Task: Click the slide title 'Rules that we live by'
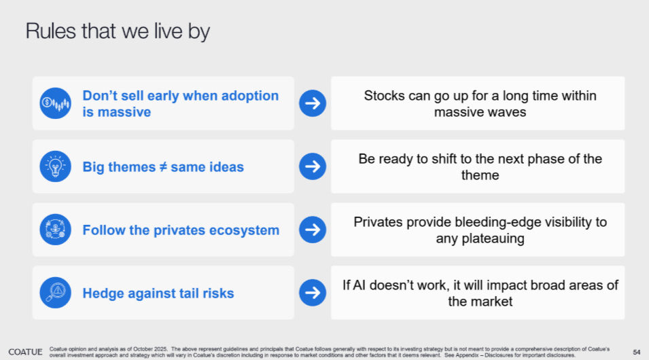[x=118, y=31]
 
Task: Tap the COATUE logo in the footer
[x=25, y=352]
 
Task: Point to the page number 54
[x=637, y=352]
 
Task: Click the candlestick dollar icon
[x=56, y=103]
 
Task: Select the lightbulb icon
[x=56, y=166]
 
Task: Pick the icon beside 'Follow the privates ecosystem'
[x=56, y=229]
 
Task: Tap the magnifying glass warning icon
[x=56, y=293]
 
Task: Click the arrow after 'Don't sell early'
[x=313, y=103]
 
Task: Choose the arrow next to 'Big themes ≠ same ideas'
[x=313, y=166]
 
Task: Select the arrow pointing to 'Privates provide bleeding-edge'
[x=313, y=229]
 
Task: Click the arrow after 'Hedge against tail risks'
[x=313, y=293]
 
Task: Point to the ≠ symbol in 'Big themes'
[x=163, y=167]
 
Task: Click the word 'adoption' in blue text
[x=250, y=96]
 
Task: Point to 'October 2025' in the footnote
[x=150, y=349]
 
